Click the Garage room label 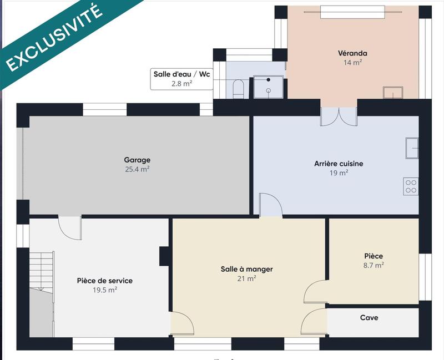coord(137,160)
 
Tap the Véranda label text coord(352,54)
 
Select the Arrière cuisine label coord(339,164)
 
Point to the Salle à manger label coord(246,269)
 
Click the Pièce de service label coord(104,281)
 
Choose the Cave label coord(369,318)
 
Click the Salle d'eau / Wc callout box coord(181,78)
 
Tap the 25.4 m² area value coord(137,170)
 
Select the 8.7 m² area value coord(374,266)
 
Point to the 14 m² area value coord(352,63)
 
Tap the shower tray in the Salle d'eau coord(268,87)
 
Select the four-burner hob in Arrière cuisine coord(411,186)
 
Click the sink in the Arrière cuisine coord(412,148)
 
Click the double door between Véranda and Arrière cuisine coord(339,115)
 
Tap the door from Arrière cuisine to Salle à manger coord(271,205)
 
